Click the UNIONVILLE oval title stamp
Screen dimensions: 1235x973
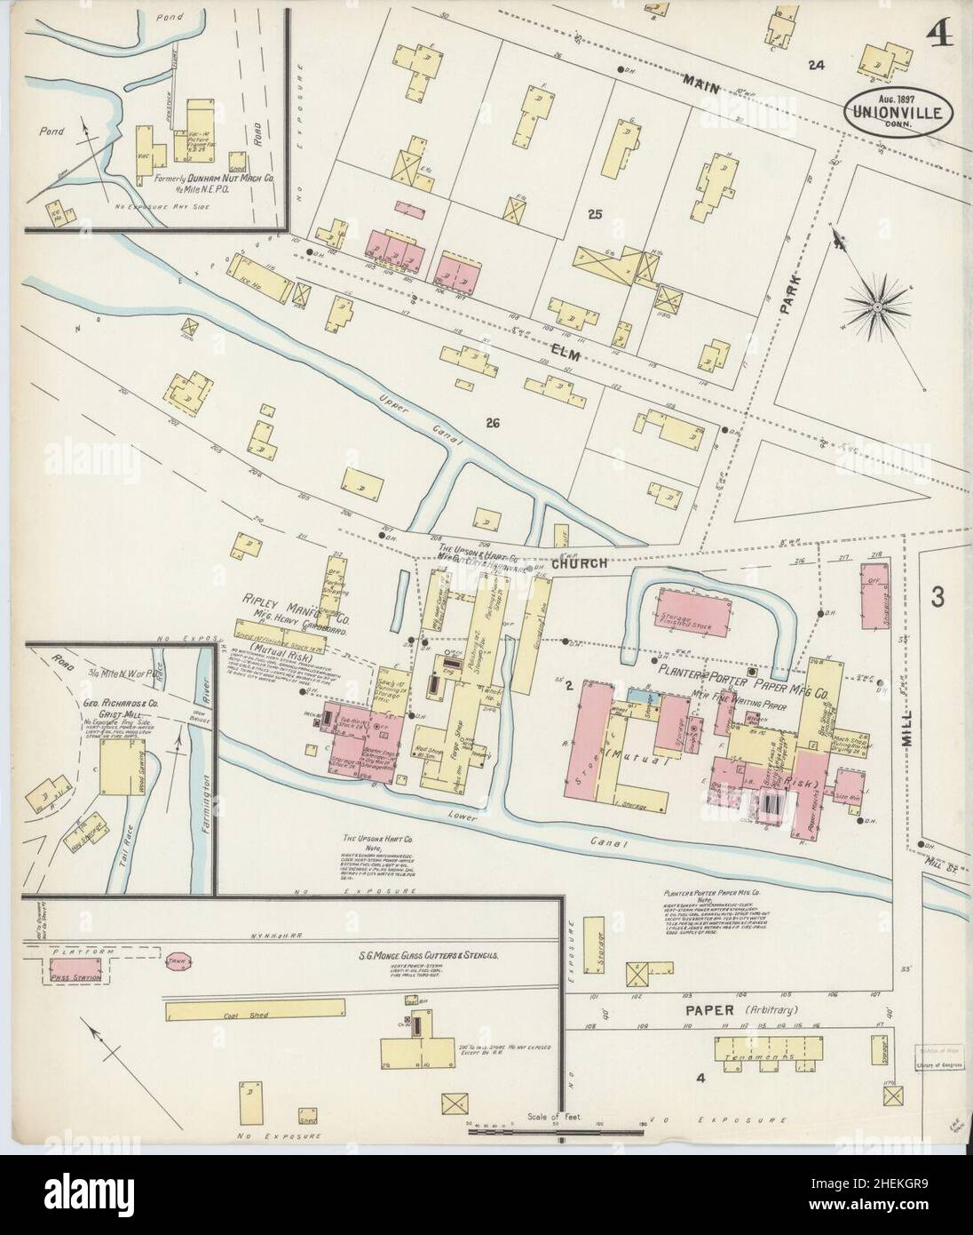[899, 108]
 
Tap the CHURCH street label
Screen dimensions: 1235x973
[578, 562]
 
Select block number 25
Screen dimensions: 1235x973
[594, 213]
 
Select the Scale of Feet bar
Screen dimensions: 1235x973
[559, 1129]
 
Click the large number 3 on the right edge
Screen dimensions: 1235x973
[937, 599]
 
